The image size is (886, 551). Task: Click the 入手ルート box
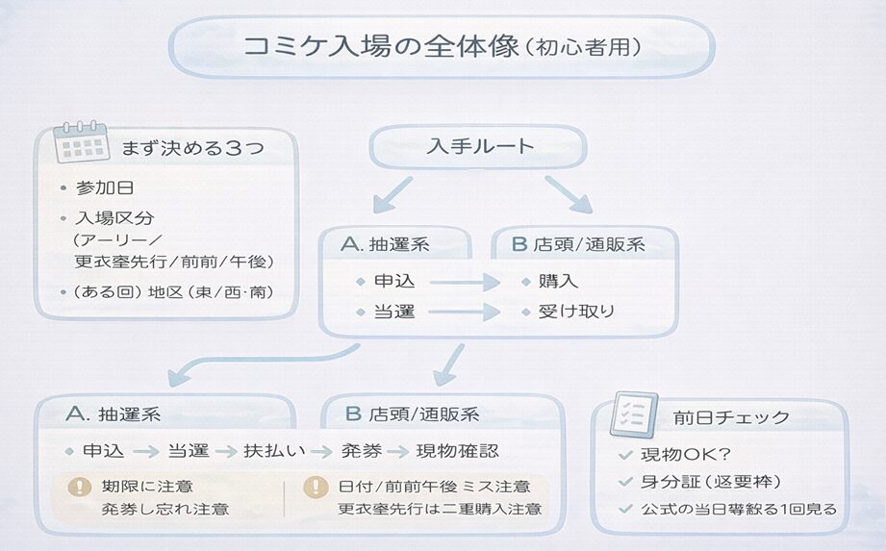pos(478,147)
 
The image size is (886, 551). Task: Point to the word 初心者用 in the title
pos(584,45)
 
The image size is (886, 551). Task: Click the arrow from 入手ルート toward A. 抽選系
pos(392,194)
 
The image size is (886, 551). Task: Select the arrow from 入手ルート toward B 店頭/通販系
pos(569,194)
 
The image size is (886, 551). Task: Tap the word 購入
pos(559,282)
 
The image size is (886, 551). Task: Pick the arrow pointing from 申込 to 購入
pos(466,282)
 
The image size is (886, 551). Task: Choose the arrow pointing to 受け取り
pos(466,312)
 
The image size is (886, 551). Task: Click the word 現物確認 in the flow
pos(457,451)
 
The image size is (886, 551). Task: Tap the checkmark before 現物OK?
pos(626,454)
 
